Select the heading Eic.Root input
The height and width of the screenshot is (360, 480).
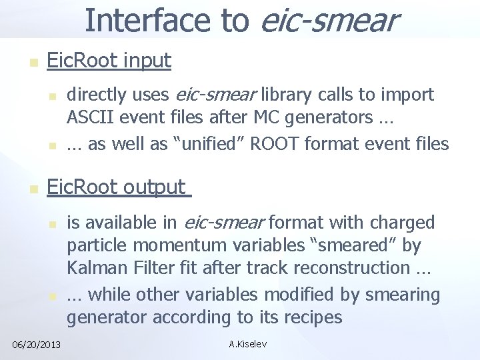click(x=109, y=61)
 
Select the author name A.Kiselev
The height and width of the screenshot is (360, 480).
click(x=247, y=345)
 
